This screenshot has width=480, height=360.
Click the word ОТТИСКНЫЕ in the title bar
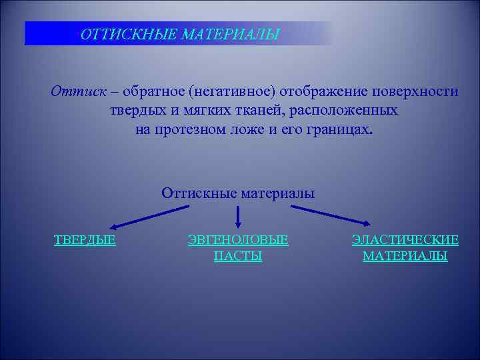[x=117, y=34]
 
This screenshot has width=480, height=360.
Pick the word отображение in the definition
[x=320, y=91]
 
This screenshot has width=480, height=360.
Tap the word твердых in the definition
[x=136, y=110]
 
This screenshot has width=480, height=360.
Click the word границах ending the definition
[x=339, y=129]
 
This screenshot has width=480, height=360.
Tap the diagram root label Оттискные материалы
[x=238, y=193]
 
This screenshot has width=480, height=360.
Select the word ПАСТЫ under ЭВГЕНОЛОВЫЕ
[x=238, y=256]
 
